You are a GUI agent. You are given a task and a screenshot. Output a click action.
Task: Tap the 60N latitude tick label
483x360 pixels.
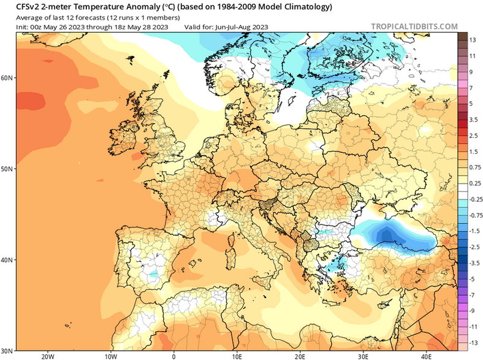(x=7, y=78)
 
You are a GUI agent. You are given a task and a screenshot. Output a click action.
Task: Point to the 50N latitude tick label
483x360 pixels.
(x=7, y=169)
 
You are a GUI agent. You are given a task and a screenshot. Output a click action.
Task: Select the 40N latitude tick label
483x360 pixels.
(x=7, y=260)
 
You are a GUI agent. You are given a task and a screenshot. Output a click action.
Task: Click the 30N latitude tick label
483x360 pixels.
(x=7, y=351)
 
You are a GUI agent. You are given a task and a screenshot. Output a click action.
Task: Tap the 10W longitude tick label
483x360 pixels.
(x=111, y=356)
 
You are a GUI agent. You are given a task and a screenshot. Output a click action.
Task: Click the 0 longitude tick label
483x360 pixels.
(x=174, y=356)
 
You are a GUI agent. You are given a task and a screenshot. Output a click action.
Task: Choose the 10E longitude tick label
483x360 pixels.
(x=237, y=356)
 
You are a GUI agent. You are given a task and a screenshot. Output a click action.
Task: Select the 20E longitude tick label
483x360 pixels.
(x=300, y=356)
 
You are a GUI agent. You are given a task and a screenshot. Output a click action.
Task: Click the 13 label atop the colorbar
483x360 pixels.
(x=473, y=40)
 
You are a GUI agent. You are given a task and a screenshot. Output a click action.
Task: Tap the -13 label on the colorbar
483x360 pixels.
(x=473, y=342)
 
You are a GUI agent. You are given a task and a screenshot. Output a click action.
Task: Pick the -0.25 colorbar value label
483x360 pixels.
(x=473, y=199)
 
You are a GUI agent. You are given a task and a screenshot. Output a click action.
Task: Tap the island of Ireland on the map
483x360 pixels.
(x=124, y=146)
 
